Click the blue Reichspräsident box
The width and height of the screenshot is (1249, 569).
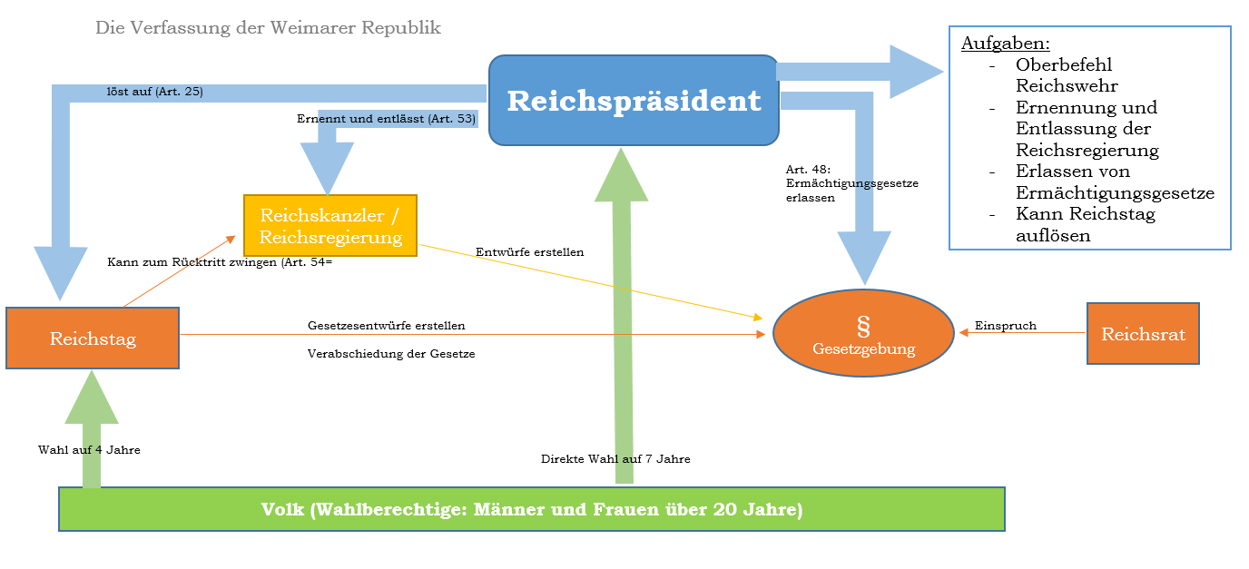(x=634, y=101)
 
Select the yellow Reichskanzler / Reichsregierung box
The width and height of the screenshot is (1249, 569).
(x=330, y=226)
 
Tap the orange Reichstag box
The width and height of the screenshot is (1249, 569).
(x=93, y=338)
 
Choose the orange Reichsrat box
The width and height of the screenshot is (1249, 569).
(x=1143, y=334)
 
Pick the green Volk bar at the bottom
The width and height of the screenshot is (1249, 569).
(x=531, y=509)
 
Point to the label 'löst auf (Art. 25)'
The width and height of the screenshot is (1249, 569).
(x=155, y=92)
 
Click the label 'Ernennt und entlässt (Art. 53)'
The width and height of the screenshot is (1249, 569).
(x=386, y=119)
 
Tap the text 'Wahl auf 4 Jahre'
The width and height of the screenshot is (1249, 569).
(x=89, y=449)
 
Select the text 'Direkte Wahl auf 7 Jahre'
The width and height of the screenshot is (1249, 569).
(x=615, y=459)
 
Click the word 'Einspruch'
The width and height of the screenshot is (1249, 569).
(x=1005, y=325)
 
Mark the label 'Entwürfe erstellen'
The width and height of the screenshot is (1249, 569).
(x=529, y=252)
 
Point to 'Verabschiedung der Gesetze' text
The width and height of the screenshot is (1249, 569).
(x=391, y=354)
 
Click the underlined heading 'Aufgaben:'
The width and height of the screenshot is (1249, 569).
(x=1005, y=43)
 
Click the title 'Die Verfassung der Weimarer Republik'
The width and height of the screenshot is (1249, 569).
(x=268, y=27)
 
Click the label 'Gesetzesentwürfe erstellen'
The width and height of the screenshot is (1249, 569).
(x=387, y=325)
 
